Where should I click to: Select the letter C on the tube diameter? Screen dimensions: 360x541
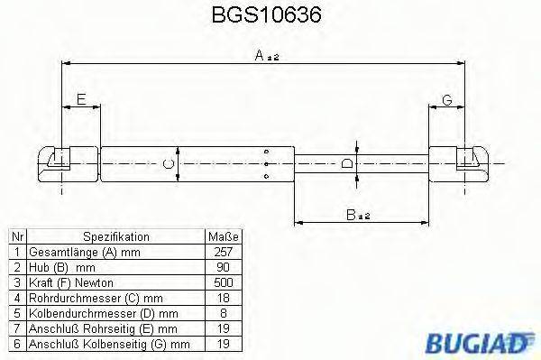(x=167, y=164)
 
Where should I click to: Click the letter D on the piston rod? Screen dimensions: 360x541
(x=348, y=164)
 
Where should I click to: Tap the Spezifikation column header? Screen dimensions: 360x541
(x=115, y=235)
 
